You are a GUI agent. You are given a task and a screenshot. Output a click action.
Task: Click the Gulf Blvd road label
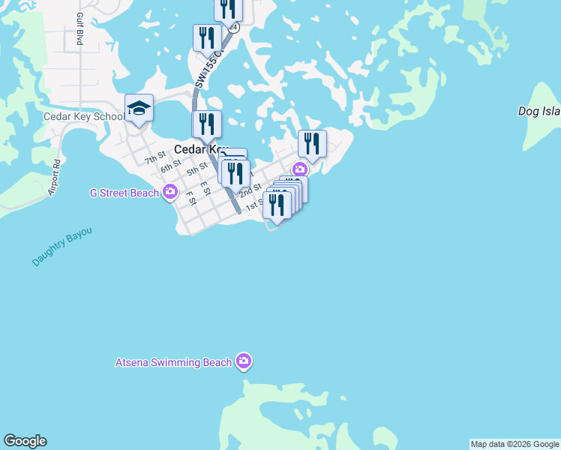tap(79, 29)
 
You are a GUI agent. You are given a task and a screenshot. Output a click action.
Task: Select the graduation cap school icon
tap(139, 109)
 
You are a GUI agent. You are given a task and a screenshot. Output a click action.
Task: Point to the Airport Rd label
tap(53, 178)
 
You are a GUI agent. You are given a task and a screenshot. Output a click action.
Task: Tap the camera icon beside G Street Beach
tap(170, 192)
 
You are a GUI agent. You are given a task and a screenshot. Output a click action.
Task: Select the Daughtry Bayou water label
tap(62, 247)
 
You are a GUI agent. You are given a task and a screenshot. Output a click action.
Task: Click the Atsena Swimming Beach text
tap(173, 362)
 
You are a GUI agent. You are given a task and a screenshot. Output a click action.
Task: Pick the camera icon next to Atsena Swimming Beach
tap(244, 362)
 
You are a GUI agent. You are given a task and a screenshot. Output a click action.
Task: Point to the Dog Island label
tap(539, 111)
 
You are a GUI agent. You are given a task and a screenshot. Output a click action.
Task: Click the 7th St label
tap(155, 159)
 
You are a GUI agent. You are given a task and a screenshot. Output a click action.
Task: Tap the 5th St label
tap(197, 170)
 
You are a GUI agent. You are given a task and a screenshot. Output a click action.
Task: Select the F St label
tap(190, 198)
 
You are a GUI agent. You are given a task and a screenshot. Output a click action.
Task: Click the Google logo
tap(25, 441)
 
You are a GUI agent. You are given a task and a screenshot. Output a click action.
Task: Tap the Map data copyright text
tap(514, 444)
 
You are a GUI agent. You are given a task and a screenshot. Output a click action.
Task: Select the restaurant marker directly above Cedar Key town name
tap(206, 124)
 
